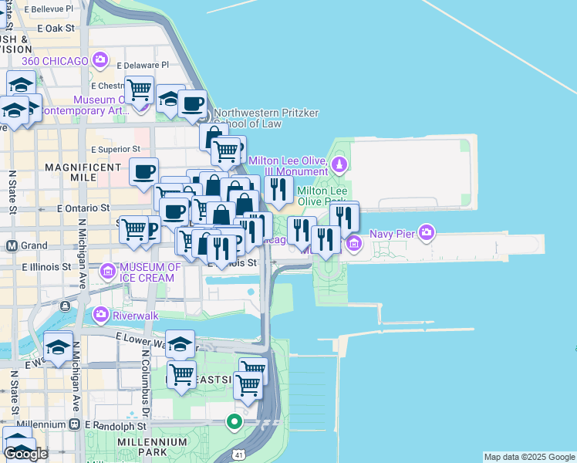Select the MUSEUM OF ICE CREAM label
150,272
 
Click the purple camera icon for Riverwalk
100,315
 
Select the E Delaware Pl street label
142,66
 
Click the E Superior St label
116,149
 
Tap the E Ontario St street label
84,208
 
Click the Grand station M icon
12,246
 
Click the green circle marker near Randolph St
234,421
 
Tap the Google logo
26,454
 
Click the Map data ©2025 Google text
529,457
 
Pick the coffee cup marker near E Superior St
143,171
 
